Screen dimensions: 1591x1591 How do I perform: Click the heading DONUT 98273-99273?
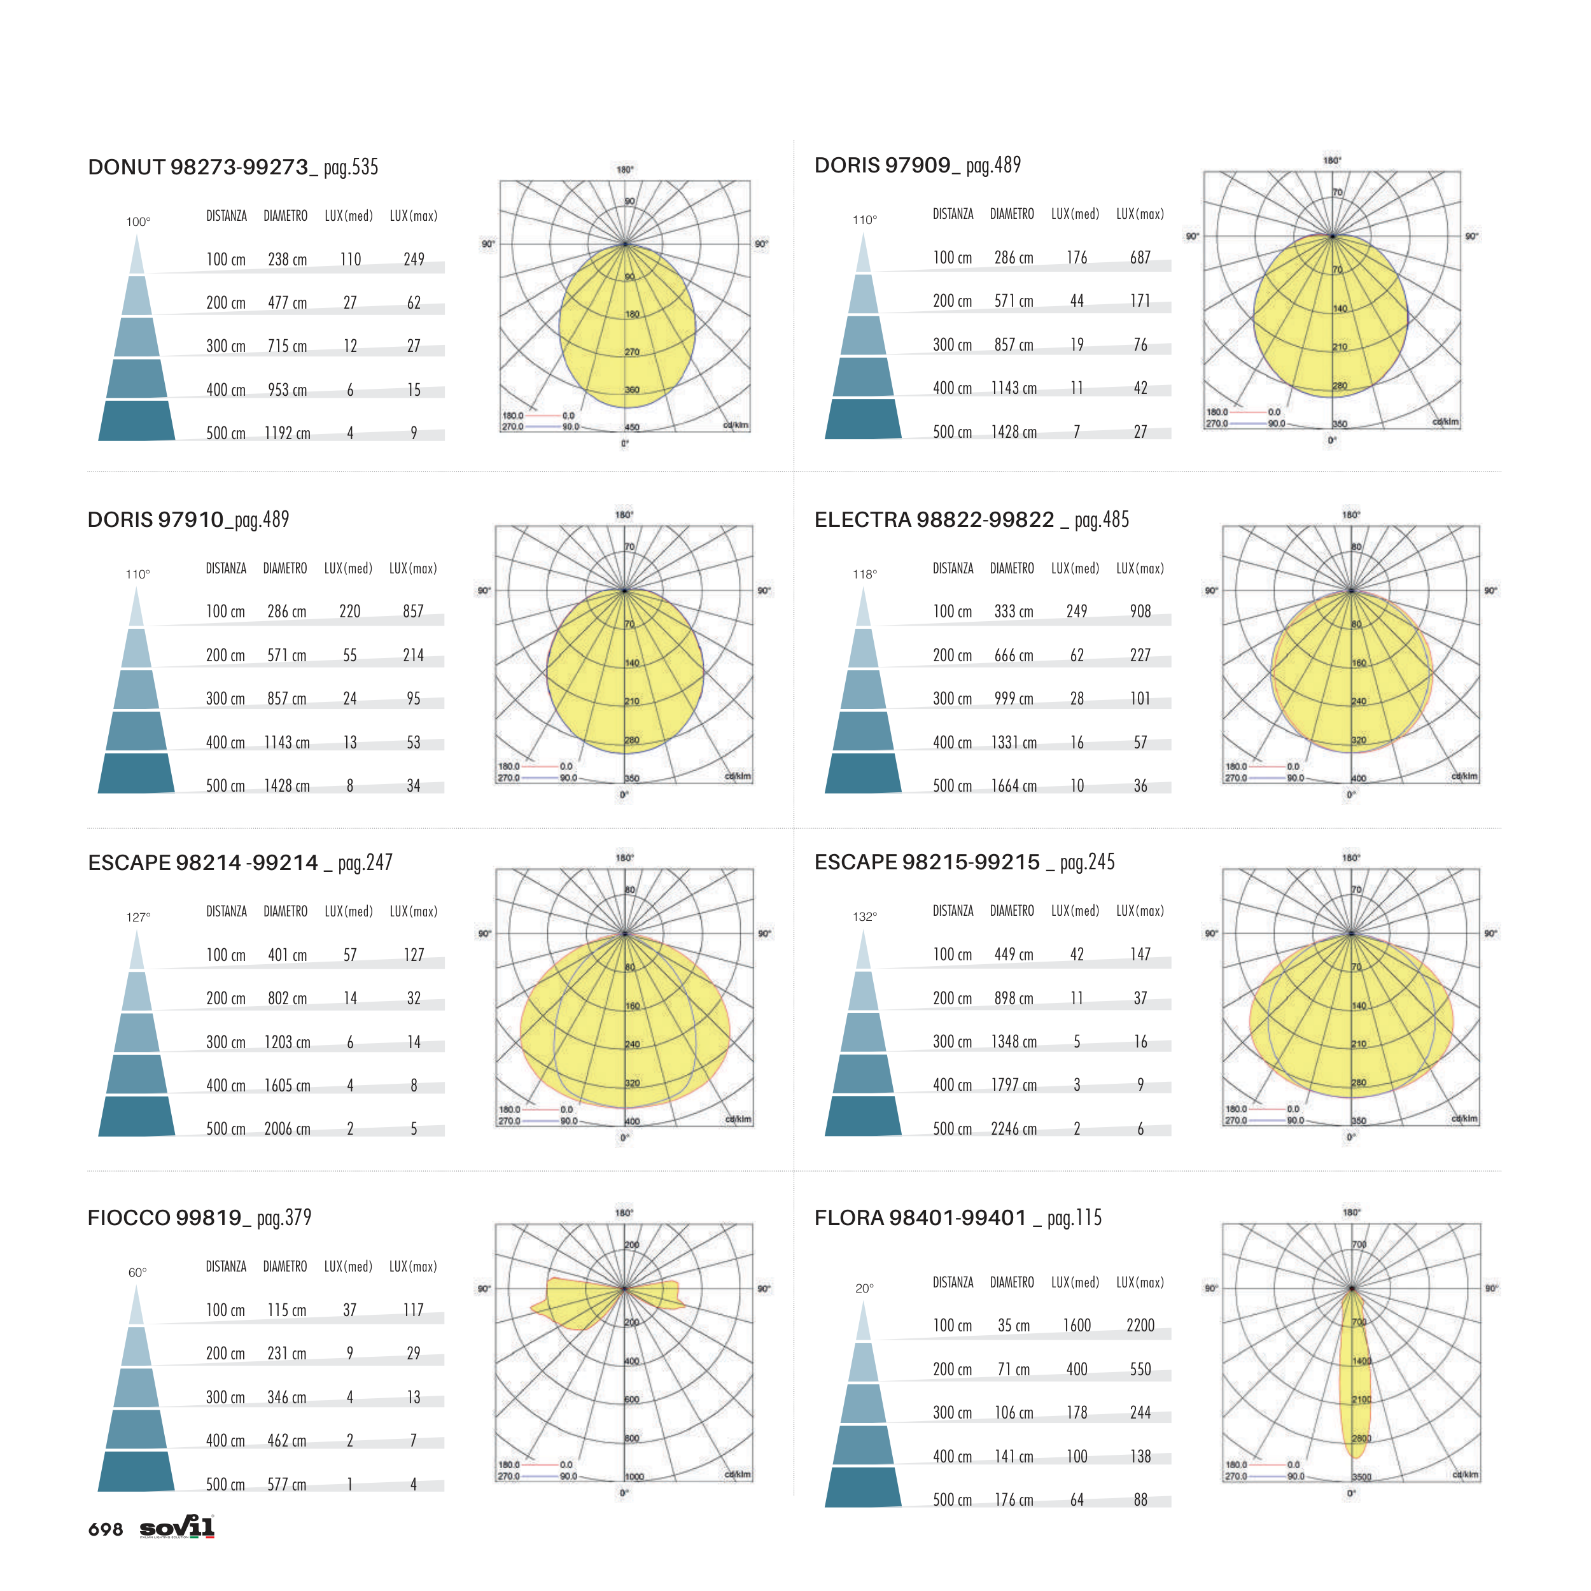[198, 167]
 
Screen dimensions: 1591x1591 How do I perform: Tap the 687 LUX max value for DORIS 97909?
[1140, 258]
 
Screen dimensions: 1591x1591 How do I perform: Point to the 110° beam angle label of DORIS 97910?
[137, 574]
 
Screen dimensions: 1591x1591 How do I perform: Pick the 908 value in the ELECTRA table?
[1140, 611]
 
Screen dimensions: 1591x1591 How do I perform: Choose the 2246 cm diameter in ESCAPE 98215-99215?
[1013, 1129]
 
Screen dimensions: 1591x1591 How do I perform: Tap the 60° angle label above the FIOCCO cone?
[137, 1272]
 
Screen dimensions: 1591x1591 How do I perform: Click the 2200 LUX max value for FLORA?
[1140, 1325]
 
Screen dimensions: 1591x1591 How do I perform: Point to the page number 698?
[106, 1529]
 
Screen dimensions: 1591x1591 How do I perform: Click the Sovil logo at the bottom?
[177, 1527]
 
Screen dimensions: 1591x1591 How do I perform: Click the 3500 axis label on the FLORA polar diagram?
[1361, 1476]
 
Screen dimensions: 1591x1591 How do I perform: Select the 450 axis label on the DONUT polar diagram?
[631, 428]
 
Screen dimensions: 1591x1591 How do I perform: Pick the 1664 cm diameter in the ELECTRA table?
[1013, 785]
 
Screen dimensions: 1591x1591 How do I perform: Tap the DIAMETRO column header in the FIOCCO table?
[285, 1266]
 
